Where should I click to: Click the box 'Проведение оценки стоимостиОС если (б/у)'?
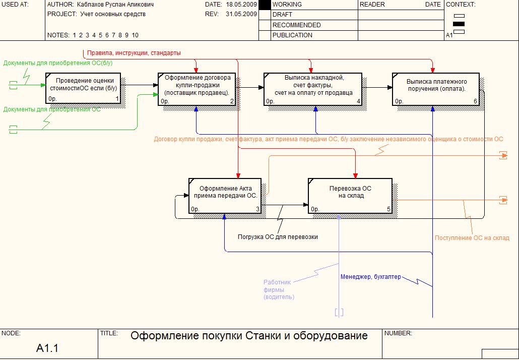coord(84,88)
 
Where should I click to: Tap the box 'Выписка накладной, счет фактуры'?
coord(313,89)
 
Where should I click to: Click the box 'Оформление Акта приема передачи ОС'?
coord(225,196)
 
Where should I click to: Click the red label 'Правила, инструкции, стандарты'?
coord(134,53)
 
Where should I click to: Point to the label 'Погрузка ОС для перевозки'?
coord(278,236)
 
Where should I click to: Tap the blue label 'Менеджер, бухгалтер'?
coord(371,277)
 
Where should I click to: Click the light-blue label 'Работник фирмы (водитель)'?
coord(279,290)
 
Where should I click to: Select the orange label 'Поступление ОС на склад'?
coord(472,238)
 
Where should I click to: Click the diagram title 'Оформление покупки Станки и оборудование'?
coord(249,336)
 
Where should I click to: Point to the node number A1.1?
coord(47,348)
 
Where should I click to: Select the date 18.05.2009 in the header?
coord(241,5)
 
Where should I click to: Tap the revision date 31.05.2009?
coord(241,14)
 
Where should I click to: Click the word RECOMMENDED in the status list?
coord(296,25)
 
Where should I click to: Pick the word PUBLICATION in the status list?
coord(292,35)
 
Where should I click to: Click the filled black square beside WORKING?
coord(265,5)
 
